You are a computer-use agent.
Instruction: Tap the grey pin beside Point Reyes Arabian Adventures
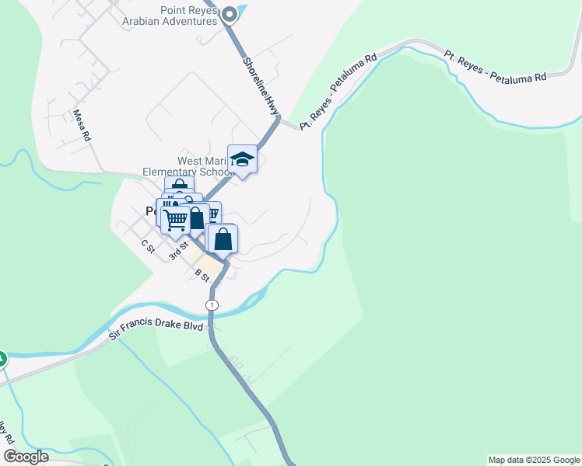230,14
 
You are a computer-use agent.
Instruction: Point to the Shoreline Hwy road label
260,85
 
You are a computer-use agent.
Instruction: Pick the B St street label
203,276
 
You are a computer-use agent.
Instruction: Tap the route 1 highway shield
212,305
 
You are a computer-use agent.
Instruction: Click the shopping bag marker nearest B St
223,239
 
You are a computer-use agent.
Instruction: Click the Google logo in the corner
26,457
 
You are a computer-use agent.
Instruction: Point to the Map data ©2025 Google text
534,460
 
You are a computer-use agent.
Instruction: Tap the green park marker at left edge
2,359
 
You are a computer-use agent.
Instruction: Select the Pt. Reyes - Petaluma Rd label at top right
496,66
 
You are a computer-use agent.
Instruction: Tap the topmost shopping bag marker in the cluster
180,187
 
